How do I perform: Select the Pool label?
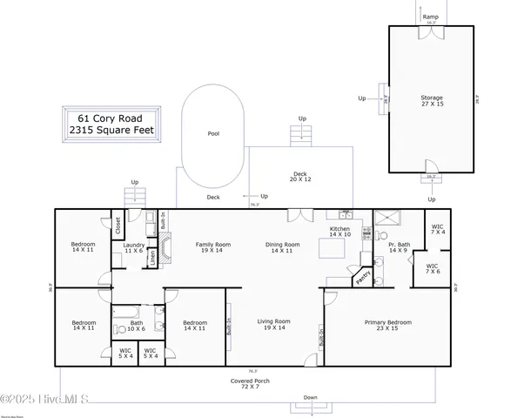pos(213,134)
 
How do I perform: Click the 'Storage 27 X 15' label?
pos(432,101)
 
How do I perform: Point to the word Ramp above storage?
pos(430,17)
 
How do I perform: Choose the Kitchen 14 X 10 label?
pos(339,233)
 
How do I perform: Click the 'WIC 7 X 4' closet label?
pos(438,230)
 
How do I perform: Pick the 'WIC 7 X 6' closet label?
pos(433,269)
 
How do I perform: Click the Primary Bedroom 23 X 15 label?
pos(387,326)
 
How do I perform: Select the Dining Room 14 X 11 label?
pos(283,247)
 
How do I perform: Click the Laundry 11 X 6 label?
pos(134,248)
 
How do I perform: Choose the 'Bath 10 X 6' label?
pos(137,326)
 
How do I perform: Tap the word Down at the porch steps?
pos(310,397)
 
